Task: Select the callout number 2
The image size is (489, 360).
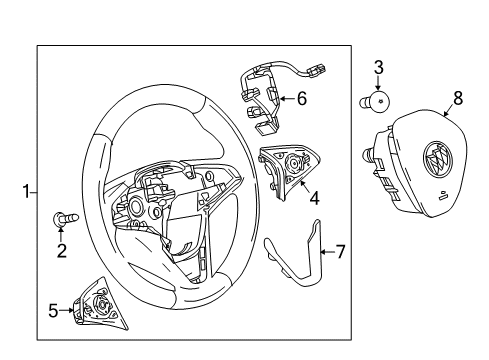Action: [61, 251]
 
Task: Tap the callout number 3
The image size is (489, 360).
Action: [378, 68]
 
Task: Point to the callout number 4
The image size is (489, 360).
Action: [314, 198]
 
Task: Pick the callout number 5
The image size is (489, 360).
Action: [53, 310]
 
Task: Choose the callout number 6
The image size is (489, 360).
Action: [302, 98]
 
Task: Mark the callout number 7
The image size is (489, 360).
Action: [339, 251]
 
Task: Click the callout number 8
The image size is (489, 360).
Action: [458, 98]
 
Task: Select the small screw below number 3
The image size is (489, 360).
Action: [374, 102]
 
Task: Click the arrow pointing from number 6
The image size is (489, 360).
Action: [284, 98]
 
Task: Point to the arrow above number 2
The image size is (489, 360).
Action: [61, 233]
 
